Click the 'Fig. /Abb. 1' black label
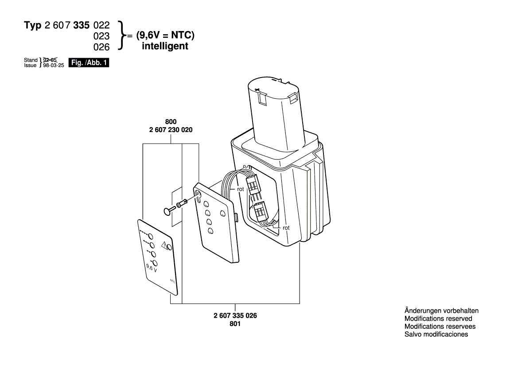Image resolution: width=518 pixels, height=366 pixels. (x=89, y=63)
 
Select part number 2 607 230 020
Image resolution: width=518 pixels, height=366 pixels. (x=171, y=130)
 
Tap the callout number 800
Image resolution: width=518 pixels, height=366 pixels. (x=171, y=121)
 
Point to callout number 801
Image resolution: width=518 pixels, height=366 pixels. (x=235, y=324)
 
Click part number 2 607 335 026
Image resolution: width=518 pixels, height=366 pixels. (x=235, y=315)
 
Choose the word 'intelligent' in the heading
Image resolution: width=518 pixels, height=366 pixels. (x=165, y=46)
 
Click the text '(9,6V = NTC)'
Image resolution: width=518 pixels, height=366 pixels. (x=165, y=35)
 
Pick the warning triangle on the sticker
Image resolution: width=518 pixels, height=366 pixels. (x=164, y=245)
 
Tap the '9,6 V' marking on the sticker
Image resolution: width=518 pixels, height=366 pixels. (x=151, y=267)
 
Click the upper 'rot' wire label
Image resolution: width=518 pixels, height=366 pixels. (x=241, y=189)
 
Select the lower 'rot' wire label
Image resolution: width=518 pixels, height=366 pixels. (x=286, y=228)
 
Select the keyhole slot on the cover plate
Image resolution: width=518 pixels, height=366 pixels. (x=199, y=195)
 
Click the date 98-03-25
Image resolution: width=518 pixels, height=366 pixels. (x=54, y=66)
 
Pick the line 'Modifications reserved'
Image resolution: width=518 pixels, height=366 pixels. (x=438, y=319)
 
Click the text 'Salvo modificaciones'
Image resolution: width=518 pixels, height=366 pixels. (x=436, y=334)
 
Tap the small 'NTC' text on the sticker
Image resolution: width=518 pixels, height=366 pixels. (x=172, y=281)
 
